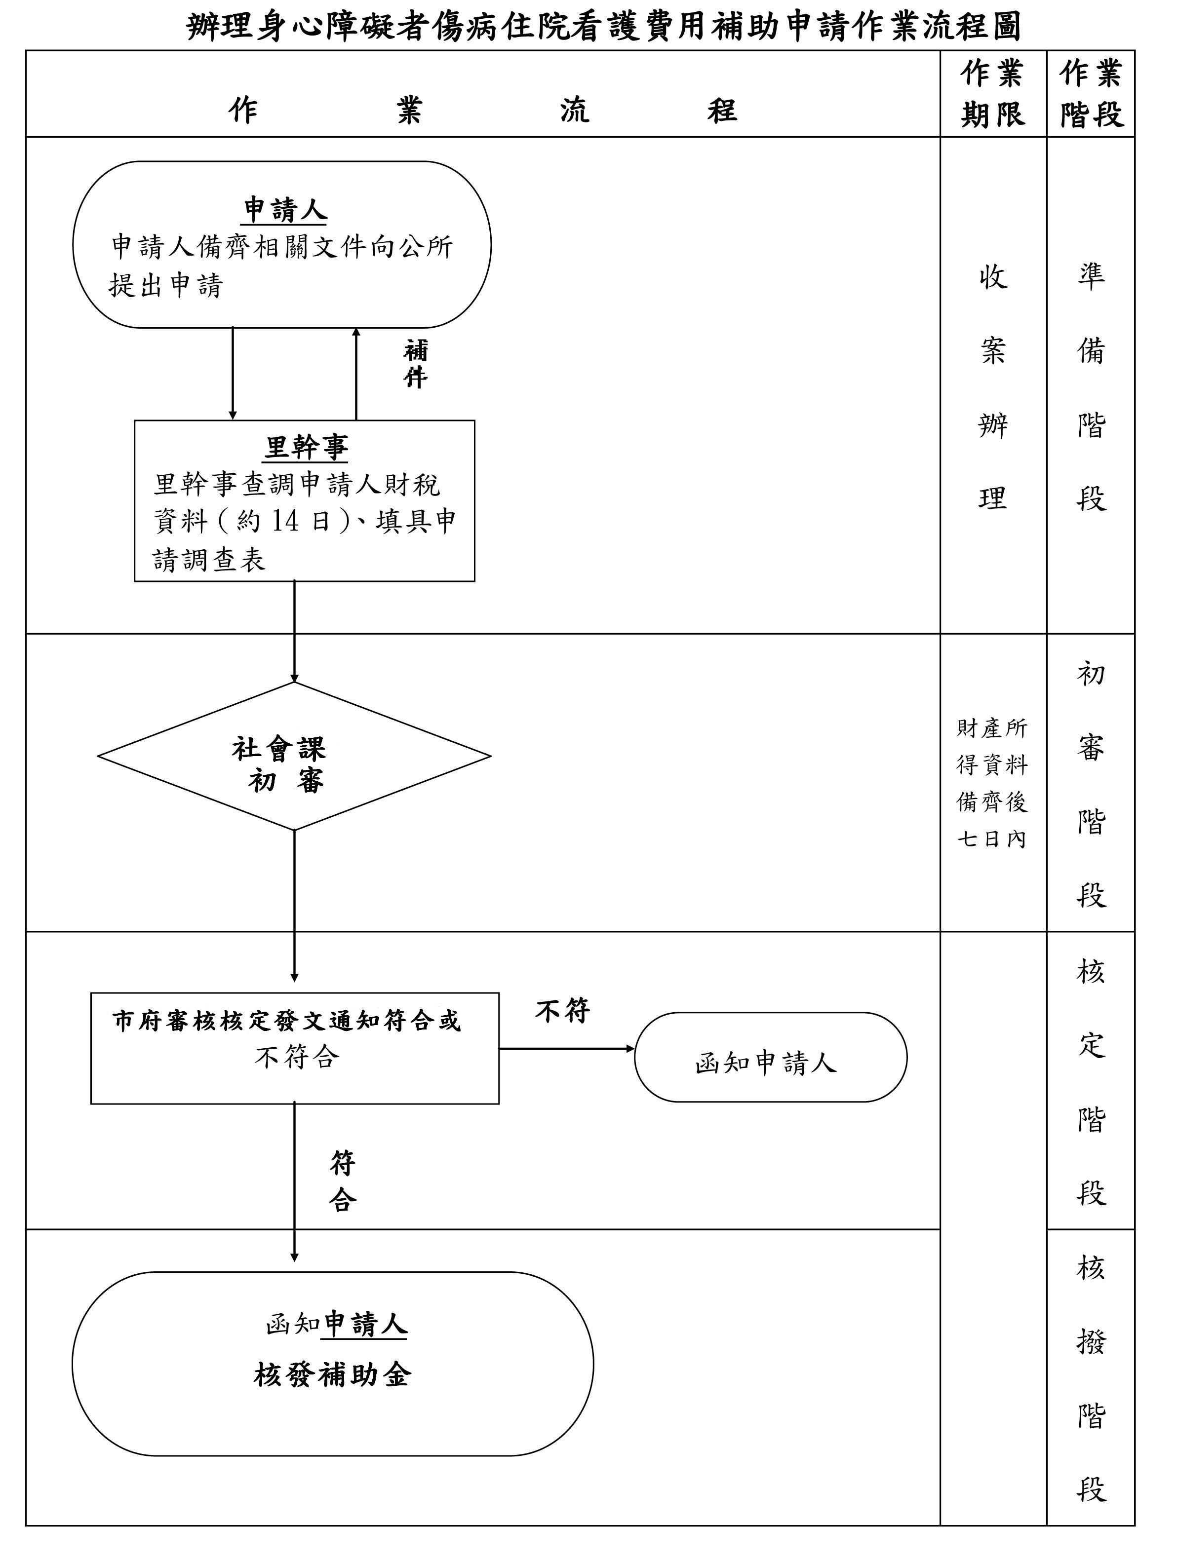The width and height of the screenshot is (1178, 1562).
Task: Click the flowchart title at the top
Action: click(x=604, y=27)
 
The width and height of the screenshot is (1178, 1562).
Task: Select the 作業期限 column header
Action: click(x=992, y=94)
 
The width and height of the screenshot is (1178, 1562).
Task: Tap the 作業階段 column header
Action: click(x=1091, y=94)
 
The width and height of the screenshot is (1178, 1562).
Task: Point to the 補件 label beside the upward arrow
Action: click(x=415, y=364)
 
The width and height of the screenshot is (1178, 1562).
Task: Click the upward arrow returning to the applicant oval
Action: click(x=356, y=374)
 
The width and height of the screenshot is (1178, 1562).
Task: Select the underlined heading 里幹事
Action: click(x=306, y=448)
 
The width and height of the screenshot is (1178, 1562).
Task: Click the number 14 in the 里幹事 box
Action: click(x=284, y=521)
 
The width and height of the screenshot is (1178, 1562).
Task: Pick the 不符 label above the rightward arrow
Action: click(x=562, y=1011)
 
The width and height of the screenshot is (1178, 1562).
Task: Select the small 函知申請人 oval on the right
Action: click(x=770, y=1057)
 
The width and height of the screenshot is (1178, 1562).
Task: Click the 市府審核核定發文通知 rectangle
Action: click(x=294, y=1048)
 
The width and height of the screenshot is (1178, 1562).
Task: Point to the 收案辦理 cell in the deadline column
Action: click(x=992, y=386)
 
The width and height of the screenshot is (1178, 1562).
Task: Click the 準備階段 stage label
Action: click(x=1091, y=386)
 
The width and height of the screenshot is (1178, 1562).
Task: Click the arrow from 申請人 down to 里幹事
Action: click(x=233, y=374)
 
